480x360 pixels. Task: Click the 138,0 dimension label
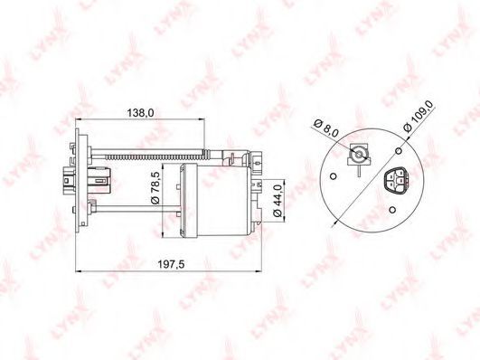[140, 113]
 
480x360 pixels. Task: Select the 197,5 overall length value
[171, 264]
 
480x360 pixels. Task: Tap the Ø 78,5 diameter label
[155, 188]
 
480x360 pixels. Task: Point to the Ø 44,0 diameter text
[278, 201]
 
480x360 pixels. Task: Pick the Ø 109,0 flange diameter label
[419, 116]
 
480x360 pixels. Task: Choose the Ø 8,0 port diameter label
[326, 128]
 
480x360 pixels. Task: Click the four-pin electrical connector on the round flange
[396, 182]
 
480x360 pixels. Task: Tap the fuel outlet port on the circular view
[359, 155]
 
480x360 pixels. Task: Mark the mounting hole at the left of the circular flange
[334, 176]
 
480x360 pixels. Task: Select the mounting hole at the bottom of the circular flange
[392, 210]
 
